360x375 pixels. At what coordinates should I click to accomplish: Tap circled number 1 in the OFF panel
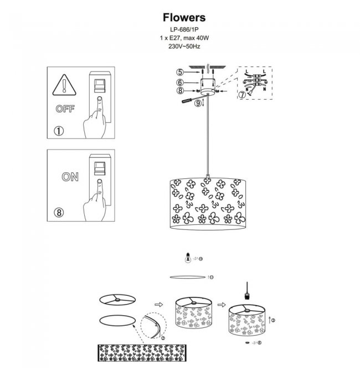pyautogui.click(x=59, y=131)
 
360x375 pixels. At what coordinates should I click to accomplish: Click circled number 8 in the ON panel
pyautogui.click(x=59, y=211)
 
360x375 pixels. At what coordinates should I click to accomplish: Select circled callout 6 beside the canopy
pyautogui.click(x=180, y=82)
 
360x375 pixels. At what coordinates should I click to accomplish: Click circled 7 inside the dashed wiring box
pyautogui.click(x=241, y=95)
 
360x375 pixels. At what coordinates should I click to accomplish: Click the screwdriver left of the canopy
pyautogui.click(x=189, y=100)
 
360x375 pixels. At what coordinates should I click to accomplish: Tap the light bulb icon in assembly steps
pyautogui.click(x=189, y=258)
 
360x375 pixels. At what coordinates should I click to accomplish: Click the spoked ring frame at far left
pyautogui.click(x=117, y=299)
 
